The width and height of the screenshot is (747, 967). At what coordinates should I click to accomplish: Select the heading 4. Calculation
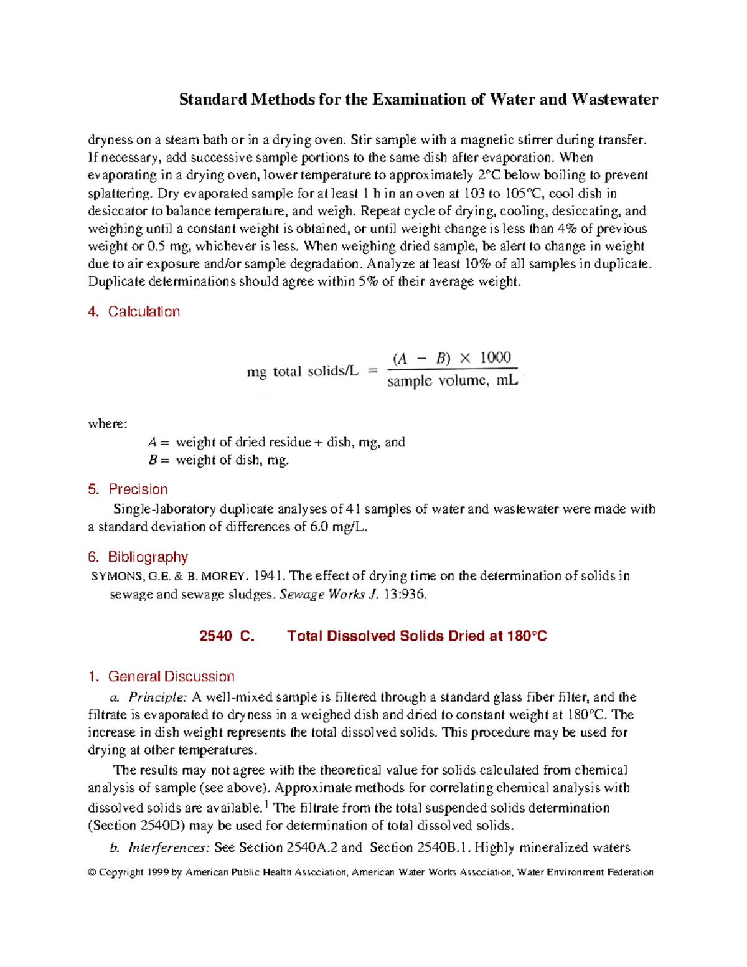point(134,312)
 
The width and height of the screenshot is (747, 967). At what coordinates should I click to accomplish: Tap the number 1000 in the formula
point(495,357)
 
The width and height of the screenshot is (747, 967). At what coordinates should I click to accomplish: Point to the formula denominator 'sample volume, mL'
point(452,380)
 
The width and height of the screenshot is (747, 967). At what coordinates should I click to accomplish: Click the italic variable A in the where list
point(153,443)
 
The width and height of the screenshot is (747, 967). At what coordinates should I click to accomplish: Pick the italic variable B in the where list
point(153,461)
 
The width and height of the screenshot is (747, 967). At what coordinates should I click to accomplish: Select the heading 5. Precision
point(128,489)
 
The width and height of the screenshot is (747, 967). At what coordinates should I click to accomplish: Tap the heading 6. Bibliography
point(138,557)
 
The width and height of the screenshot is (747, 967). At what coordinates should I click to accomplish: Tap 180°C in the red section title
point(527,636)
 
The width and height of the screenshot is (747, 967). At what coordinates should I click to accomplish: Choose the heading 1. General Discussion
point(161,677)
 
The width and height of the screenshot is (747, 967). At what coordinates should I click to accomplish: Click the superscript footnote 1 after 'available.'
point(266,805)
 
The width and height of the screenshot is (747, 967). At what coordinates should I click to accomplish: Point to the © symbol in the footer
point(92,873)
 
